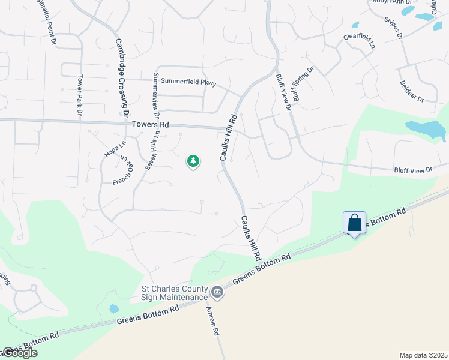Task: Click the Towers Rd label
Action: click(x=151, y=125)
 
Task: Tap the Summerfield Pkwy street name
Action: click(x=188, y=83)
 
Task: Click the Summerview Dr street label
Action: click(x=157, y=95)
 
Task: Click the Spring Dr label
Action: click(x=303, y=76)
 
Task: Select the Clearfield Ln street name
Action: click(x=359, y=40)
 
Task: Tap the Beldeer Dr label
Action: click(x=411, y=92)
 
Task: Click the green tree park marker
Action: click(x=193, y=161)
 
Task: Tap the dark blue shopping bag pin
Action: click(x=355, y=223)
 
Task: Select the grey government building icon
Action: click(x=217, y=293)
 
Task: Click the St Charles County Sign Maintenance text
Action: click(x=174, y=292)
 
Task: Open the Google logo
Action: click(x=19, y=353)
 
